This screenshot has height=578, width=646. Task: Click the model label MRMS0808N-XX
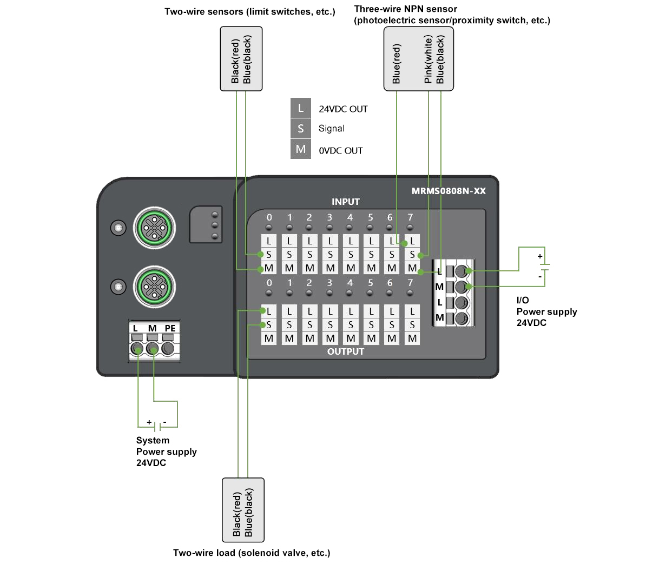point(449,191)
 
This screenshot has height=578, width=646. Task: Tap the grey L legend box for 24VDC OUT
point(301,108)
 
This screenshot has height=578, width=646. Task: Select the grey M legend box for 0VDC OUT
point(301,149)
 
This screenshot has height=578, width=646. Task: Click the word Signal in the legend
point(331,129)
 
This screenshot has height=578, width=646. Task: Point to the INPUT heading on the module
point(346,202)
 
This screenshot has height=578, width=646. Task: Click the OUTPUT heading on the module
point(346,351)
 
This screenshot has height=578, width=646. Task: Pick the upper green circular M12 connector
point(155,229)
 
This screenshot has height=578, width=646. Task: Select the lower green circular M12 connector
point(155,287)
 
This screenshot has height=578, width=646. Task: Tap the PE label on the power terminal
point(170,328)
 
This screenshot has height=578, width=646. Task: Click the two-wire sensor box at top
point(241,59)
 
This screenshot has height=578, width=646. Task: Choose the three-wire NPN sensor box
point(418,59)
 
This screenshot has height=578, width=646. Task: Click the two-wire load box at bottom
point(243,510)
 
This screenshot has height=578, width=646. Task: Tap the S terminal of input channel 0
point(269,255)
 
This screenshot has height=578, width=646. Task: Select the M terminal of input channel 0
point(269,268)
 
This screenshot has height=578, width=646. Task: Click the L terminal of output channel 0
point(269,311)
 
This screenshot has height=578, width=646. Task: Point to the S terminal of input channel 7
point(412,255)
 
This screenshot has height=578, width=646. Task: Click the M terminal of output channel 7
point(412,338)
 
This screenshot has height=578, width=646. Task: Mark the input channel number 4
point(350,217)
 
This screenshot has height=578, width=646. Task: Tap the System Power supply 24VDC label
point(166,451)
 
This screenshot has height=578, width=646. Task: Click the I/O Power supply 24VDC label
point(546,311)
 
